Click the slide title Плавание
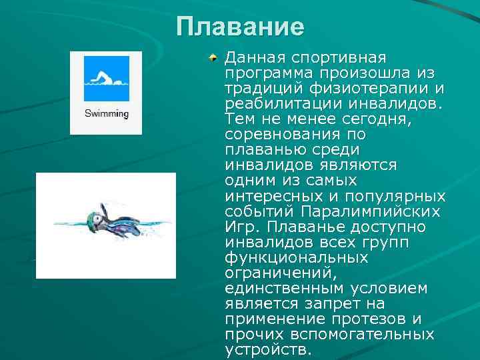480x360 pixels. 240,27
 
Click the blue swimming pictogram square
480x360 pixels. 106,78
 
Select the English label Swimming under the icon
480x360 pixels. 106,113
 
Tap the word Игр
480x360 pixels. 240,227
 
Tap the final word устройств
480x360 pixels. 268,350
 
